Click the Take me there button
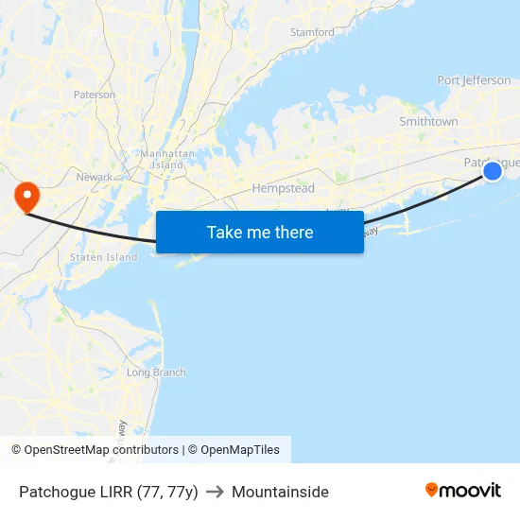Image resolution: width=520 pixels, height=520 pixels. point(260,232)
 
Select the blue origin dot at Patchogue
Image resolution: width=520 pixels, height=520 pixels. point(493,171)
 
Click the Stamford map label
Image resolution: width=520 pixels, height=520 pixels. point(312,32)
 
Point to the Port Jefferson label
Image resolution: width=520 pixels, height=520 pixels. point(474,80)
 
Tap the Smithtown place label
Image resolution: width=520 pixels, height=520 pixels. point(428,122)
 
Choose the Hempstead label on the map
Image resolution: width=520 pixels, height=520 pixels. point(283,189)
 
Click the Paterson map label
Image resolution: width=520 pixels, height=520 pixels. point(95,95)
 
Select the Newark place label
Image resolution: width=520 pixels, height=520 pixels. point(95,177)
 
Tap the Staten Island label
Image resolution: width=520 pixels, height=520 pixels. point(103,257)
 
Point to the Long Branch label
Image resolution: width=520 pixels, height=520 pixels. point(156,373)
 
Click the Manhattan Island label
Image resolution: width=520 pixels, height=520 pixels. point(167,159)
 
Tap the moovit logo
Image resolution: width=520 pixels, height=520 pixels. point(463,491)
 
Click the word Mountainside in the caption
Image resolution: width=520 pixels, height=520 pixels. point(280,492)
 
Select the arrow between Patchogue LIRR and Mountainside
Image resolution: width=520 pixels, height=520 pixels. point(215,492)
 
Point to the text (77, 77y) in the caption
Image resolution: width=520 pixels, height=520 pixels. point(167,492)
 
